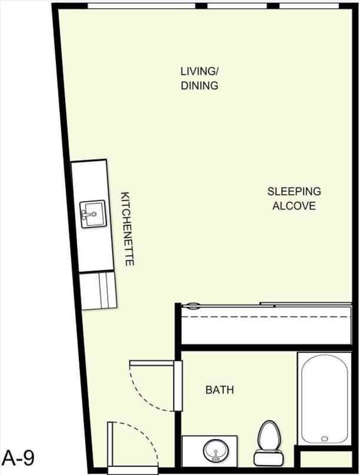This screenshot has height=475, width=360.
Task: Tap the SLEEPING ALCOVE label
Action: click(294, 198)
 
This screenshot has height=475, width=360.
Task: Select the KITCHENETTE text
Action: click(127, 229)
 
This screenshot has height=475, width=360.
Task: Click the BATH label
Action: click(220, 390)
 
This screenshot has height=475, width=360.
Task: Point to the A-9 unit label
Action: click(18, 457)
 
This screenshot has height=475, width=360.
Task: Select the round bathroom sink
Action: click(216, 449)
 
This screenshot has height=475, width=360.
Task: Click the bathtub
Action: click(324, 398)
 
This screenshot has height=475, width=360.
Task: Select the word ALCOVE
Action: click(294, 206)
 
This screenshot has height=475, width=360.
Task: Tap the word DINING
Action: click(200, 86)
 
